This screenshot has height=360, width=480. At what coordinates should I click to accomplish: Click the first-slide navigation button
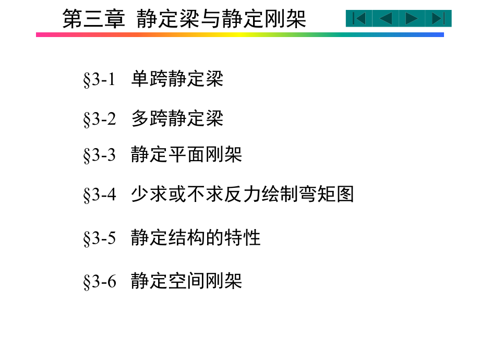pyautogui.click(x=359, y=19)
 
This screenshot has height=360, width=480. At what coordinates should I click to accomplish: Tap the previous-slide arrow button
pyautogui.click(x=386, y=19)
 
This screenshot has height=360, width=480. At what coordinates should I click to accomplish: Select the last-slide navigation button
pyautogui.click(x=438, y=19)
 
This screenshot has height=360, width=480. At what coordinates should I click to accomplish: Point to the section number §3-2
pyautogui.click(x=99, y=119)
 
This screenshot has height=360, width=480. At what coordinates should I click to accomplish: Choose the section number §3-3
pyautogui.click(x=99, y=155)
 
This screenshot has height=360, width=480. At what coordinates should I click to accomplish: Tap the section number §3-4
pyautogui.click(x=99, y=195)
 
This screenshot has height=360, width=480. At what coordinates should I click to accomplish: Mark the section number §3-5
pyautogui.click(x=99, y=238)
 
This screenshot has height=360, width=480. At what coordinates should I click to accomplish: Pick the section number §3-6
pyautogui.click(x=99, y=282)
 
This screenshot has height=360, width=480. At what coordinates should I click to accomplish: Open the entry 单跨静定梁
pyautogui.click(x=177, y=79)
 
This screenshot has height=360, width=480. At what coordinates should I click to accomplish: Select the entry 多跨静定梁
pyautogui.click(x=177, y=118)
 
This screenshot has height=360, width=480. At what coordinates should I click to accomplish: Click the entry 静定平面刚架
pyautogui.click(x=186, y=155)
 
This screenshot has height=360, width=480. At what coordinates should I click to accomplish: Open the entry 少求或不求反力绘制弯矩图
pyautogui.click(x=242, y=194)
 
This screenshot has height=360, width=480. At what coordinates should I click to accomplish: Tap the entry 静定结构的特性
pyautogui.click(x=196, y=238)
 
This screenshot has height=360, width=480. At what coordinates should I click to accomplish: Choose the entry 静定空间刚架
pyautogui.click(x=186, y=281)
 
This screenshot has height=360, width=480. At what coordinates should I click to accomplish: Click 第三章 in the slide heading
pyautogui.click(x=94, y=19)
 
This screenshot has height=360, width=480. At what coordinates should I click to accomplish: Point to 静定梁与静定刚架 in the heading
pyautogui.click(x=221, y=19)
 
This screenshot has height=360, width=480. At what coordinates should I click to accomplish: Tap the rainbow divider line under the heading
pyautogui.click(x=240, y=34)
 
